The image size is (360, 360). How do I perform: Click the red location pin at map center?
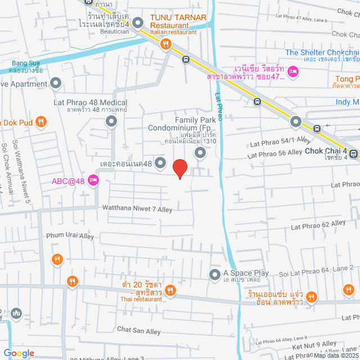click(179, 169)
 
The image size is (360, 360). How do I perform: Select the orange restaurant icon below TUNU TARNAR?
click(165, 47)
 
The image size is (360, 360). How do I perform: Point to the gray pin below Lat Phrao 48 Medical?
click(112, 121)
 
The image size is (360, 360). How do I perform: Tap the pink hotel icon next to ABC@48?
click(93, 181)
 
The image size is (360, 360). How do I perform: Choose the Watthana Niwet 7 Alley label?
click(137, 208)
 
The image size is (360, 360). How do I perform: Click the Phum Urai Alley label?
click(70, 236)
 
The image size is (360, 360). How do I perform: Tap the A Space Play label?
click(246, 274)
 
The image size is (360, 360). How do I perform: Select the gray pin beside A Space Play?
click(214, 275)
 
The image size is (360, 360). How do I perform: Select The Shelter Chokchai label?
click(321, 53)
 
